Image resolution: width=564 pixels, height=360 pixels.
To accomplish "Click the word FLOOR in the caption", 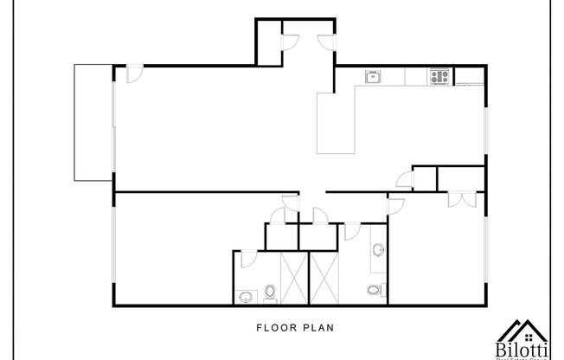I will [x=272, y=328].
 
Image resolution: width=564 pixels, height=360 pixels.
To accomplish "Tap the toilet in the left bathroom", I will [x=270, y=293].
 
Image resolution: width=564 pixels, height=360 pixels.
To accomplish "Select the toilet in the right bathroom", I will [x=374, y=290].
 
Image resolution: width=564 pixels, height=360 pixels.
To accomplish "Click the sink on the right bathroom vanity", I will [x=379, y=250].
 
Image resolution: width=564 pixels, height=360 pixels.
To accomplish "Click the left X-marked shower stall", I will [x=292, y=277].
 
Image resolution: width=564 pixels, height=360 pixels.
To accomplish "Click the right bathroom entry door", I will [x=351, y=230].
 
